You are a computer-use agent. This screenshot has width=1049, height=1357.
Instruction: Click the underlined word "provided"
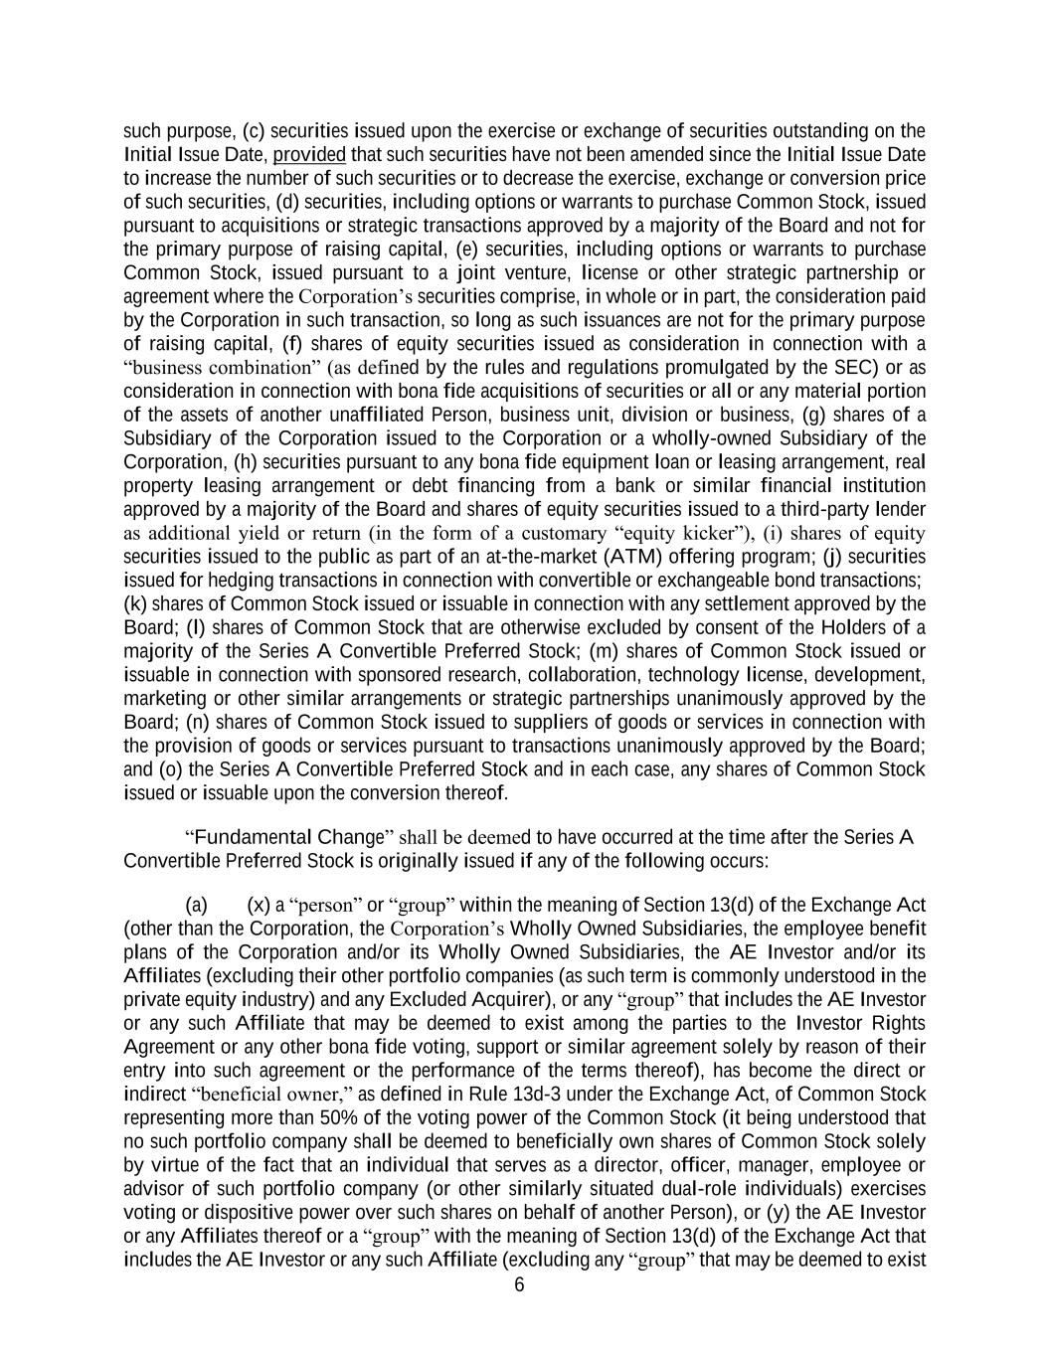pyautogui.click(x=309, y=154)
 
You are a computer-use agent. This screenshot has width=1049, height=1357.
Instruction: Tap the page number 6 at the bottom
pyautogui.click(x=518, y=1284)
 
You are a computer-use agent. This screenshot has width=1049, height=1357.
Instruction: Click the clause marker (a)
pyautogui.click(x=196, y=905)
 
